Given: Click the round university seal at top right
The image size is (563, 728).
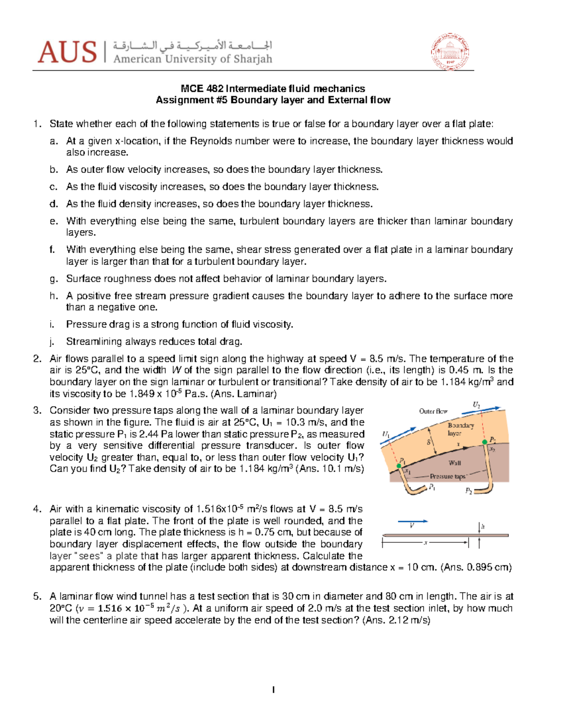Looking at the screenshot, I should coord(450,52).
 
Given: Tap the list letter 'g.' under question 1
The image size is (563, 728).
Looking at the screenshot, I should coord(53,279).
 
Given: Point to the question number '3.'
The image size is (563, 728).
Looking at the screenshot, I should coord(37,411).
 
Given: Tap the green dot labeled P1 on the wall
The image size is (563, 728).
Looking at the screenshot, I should coord(399,465).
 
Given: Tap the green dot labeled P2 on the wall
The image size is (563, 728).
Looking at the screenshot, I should coord(485,442).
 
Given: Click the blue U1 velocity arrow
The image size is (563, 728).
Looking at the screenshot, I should coord(404,432).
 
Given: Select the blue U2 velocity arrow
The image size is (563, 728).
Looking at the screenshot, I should coord(481,411).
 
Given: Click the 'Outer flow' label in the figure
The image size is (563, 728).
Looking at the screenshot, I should coord(433,411).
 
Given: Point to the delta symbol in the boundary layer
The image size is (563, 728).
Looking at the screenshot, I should coord(428,442).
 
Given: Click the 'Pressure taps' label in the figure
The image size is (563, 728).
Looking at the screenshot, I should coord(447,476).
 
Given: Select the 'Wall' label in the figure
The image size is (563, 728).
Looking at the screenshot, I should coord(454,463).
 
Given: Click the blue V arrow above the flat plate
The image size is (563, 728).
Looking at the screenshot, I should coord(413,521).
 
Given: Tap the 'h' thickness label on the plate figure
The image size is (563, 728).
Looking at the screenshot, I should coord(483,526).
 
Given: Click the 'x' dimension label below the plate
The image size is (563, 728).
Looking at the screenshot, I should coord(425,543).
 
